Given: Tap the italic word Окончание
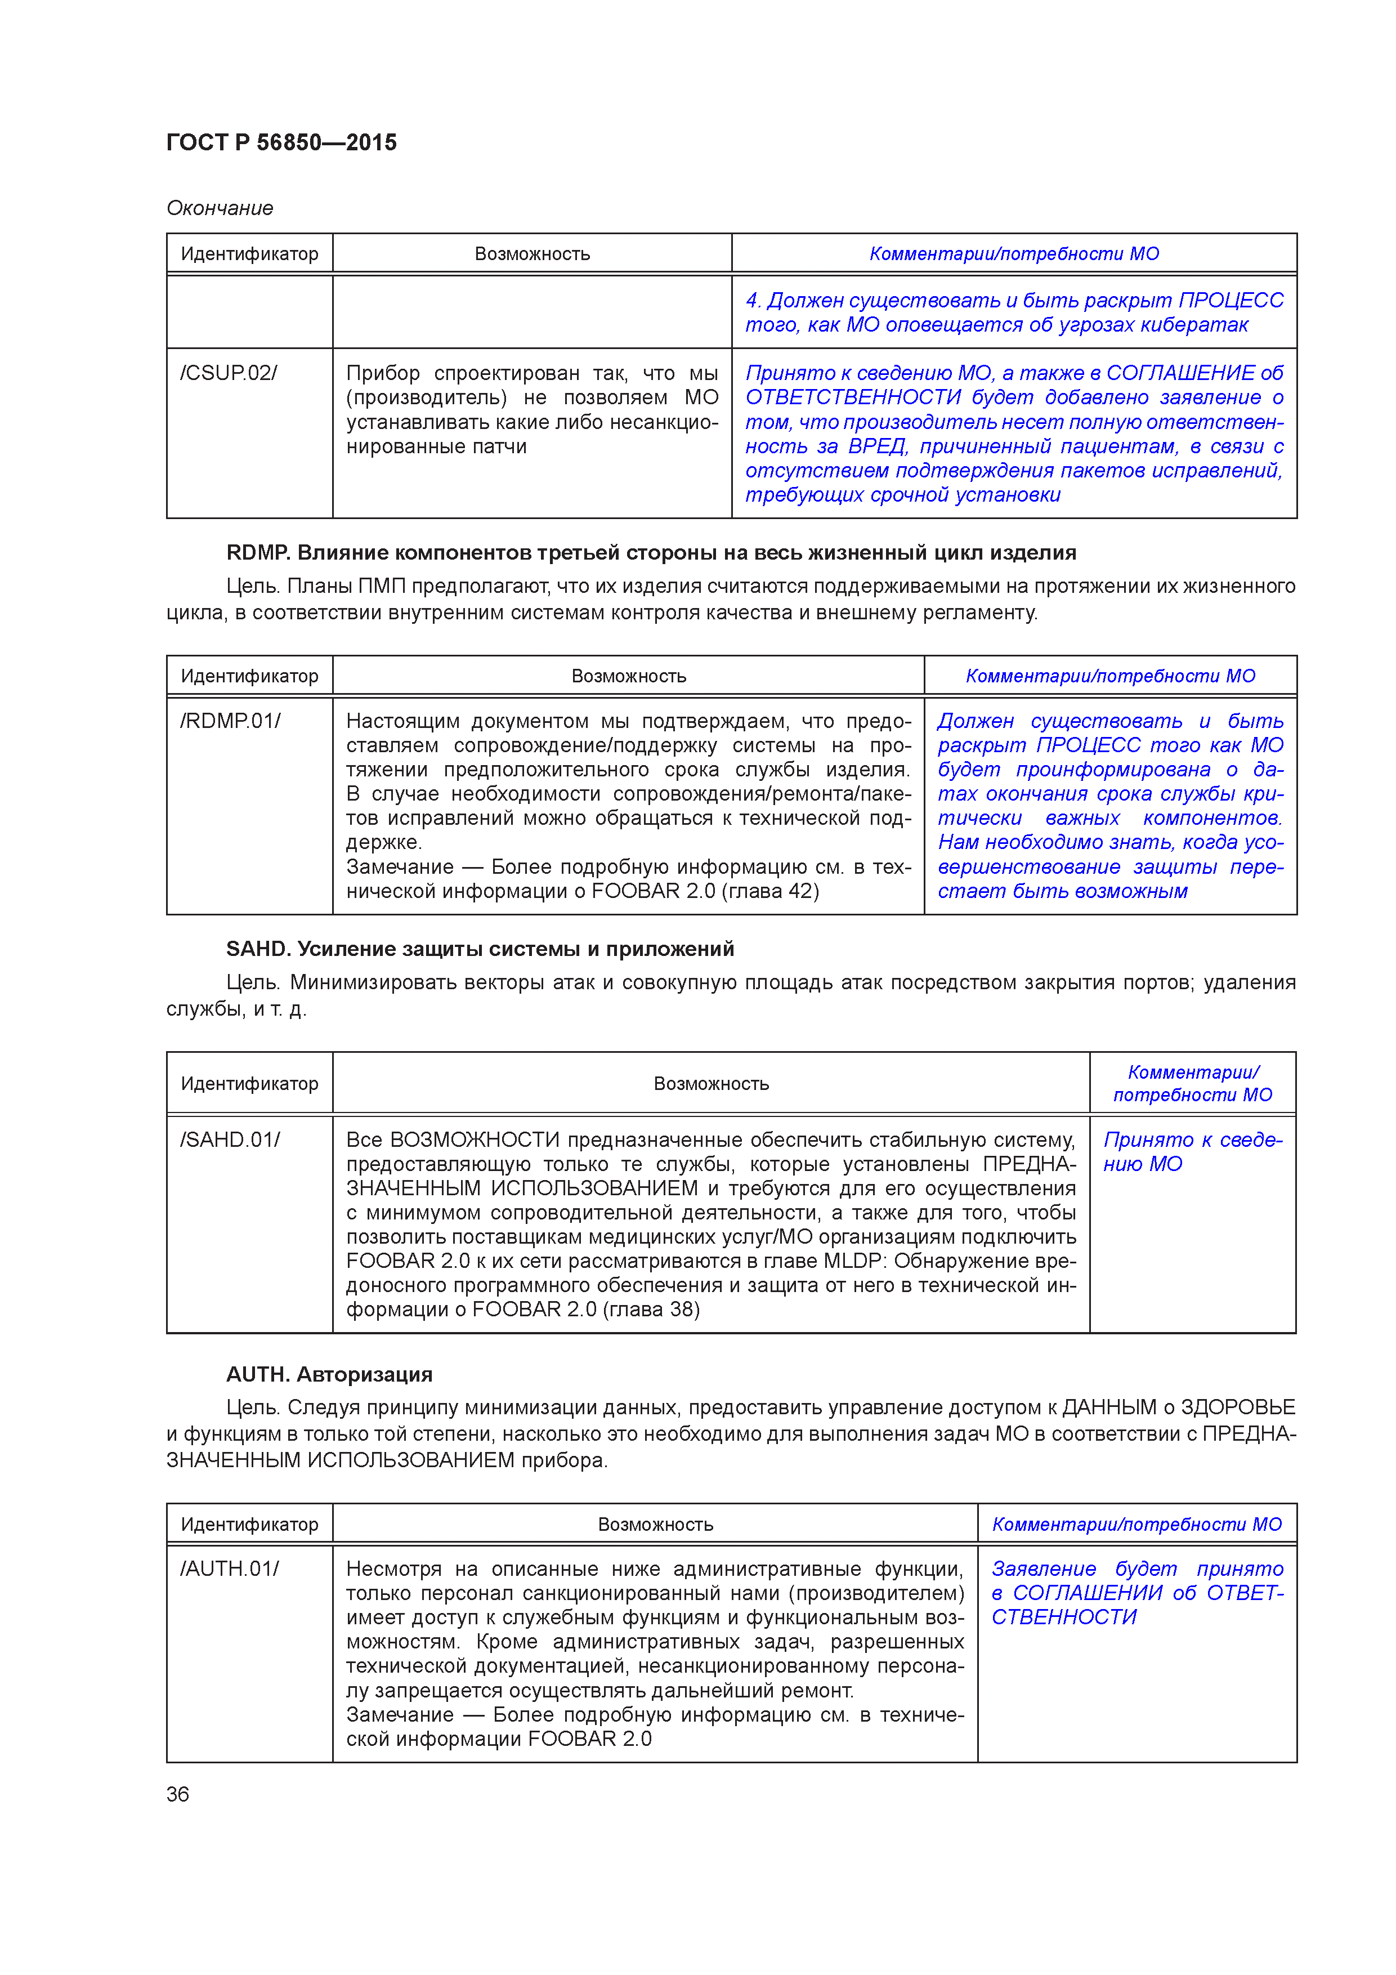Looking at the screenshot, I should tap(220, 208).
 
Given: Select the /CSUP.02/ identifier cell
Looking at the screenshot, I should tap(229, 373).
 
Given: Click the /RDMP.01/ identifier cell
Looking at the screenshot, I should tap(231, 721).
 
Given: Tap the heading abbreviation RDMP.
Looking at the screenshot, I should tap(257, 552).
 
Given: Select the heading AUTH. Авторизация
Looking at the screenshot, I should tap(329, 1374).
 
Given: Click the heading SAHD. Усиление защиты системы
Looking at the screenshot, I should tap(480, 949).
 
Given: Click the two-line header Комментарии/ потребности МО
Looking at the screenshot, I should tap(1192, 1083).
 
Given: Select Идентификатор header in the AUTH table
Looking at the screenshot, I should tap(249, 1524).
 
